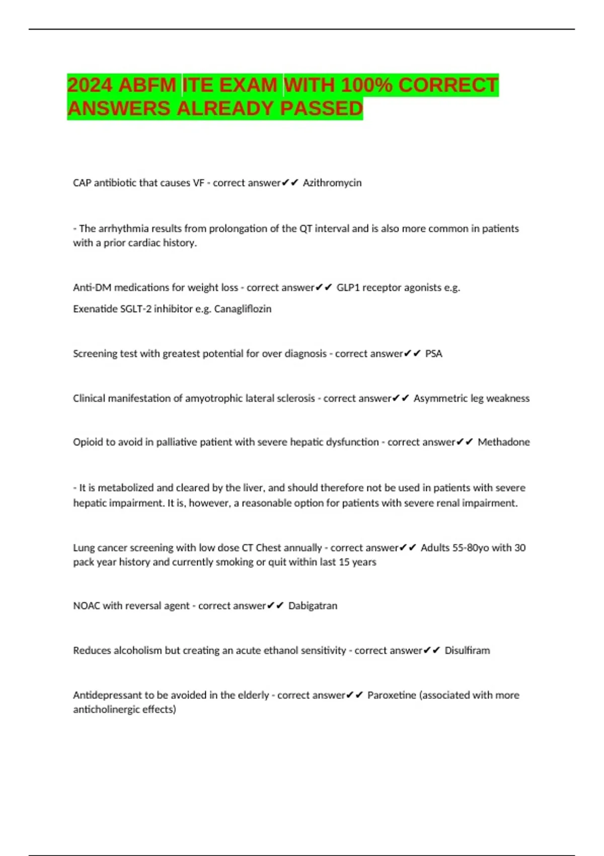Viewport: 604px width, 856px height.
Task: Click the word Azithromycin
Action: pos(332,183)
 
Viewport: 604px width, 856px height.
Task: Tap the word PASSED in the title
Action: pos(321,108)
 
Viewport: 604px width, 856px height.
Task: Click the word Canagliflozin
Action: pos(243,309)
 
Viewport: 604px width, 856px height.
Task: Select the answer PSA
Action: pos(433,353)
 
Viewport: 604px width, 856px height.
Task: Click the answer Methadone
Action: pos(503,442)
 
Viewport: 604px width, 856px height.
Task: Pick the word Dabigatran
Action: pos(313,606)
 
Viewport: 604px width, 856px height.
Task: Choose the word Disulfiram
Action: pos(467,651)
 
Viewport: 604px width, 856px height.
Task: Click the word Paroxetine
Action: pos(392,695)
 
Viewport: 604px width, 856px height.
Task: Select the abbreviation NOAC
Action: pos(87,606)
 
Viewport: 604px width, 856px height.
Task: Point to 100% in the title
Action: pos(366,85)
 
